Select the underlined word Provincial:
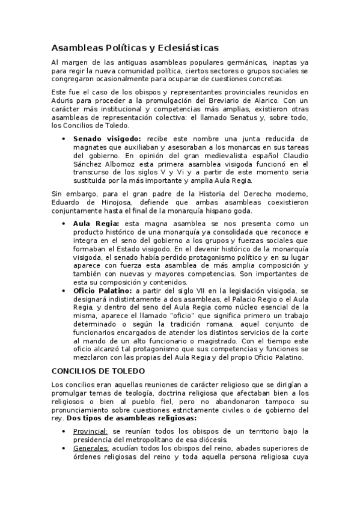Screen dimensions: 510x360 click(x=90, y=431)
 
